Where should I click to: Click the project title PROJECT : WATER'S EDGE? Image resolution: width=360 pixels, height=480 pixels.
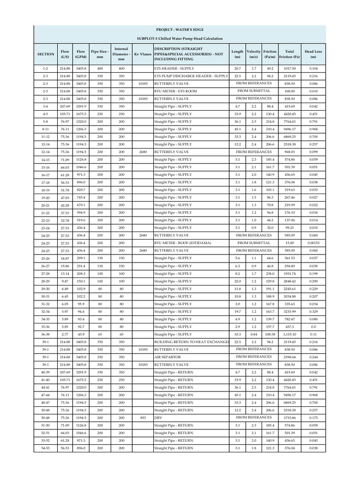click(x=180, y=30)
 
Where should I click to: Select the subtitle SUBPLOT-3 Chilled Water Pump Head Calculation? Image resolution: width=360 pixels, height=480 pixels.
click(x=180, y=38)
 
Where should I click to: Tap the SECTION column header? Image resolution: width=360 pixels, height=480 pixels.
click(x=45, y=54)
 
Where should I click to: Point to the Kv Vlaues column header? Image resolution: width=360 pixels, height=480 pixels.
click(x=143, y=54)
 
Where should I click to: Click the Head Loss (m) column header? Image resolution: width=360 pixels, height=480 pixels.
click(x=313, y=54)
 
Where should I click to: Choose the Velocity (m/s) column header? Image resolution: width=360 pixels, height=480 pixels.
click(x=254, y=54)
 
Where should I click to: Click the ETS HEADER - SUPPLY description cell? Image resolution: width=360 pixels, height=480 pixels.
click(x=175, y=68)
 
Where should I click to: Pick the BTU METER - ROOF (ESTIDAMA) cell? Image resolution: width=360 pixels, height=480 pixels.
click(x=180, y=243)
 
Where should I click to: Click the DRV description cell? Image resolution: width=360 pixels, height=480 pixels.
click(x=158, y=418)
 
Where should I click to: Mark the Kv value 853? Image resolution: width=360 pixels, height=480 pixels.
click(x=143, y=418)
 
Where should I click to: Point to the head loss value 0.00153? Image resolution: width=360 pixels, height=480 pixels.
click(x=313, y=243)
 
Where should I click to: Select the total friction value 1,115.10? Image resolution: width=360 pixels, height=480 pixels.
click(x=290, y=334)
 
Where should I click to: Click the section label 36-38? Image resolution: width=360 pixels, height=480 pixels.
click(x=45, y=334)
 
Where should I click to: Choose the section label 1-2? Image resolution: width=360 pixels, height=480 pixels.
click(x=45, y=68)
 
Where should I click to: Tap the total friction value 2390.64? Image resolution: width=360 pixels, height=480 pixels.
click(x=290, y=357)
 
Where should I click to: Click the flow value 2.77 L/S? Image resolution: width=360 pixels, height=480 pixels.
click(x=65, y=334)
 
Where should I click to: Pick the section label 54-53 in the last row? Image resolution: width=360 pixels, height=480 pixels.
click(x=45, y=448)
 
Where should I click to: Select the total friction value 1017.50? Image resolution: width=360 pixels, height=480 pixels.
click(x=290, y=68)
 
